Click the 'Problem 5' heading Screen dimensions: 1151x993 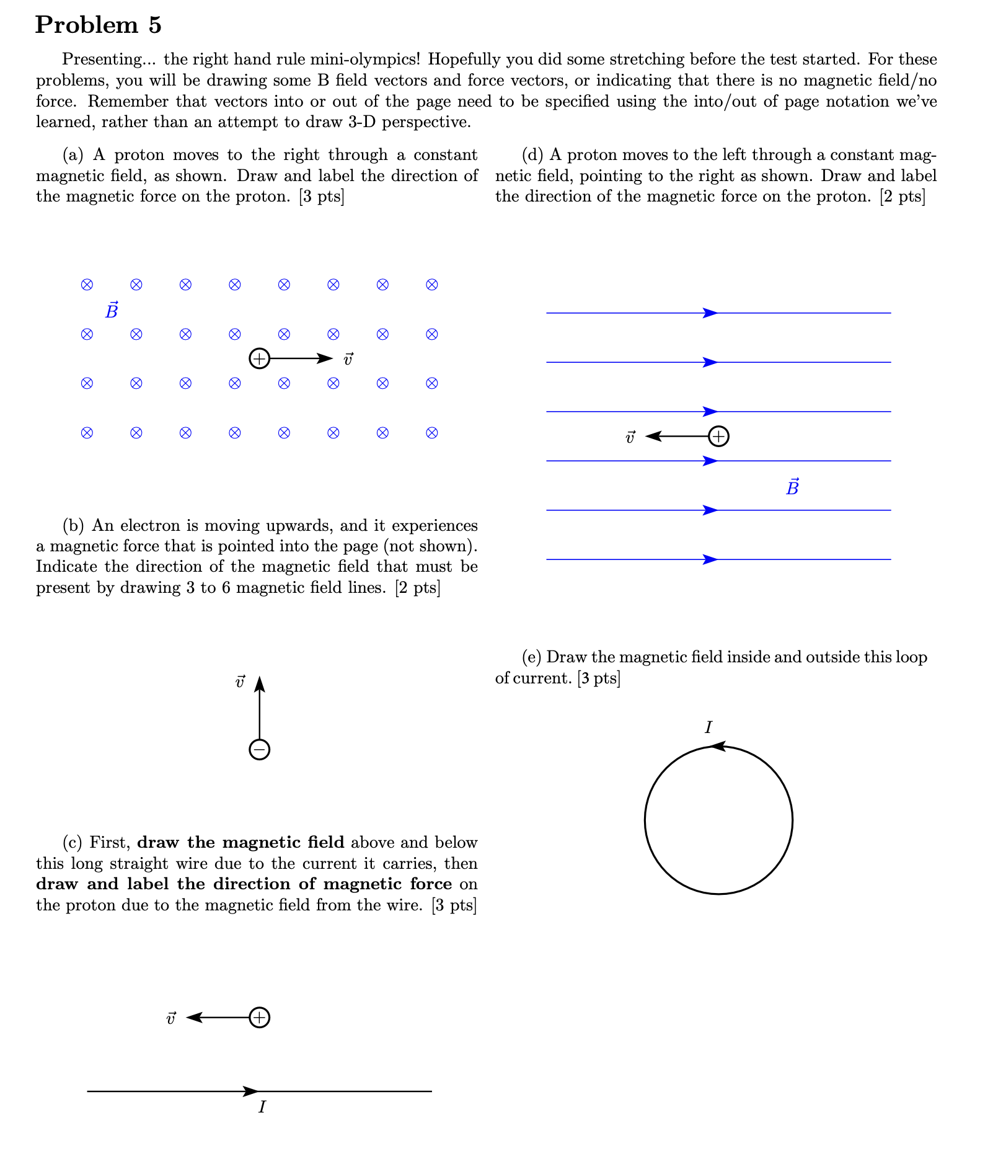tap(99, 25)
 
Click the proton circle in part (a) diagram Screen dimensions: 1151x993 tap(259, 358)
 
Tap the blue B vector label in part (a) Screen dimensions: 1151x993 tap(112, 310)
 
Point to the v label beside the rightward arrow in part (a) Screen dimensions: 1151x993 tap(348, 359)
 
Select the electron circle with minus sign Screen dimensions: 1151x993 tap(259, 750)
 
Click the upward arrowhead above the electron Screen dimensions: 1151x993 tap(260, 683)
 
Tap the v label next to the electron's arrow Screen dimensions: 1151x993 tap(240, 682)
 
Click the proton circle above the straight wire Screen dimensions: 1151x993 tap(259, 1018)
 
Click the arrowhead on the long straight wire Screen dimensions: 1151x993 tap(251, 1091)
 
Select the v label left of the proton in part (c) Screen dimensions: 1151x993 tap(171, 1018)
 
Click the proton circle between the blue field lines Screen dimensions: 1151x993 tap(718, 437)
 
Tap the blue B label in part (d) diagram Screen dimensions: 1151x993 tap(792, 487)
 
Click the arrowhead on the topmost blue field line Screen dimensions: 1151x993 tap(710, 313)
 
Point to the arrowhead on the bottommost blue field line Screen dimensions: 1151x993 tap(710, 559)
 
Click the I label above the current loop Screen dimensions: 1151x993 tap(708, 727)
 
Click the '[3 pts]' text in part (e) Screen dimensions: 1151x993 tap(599, 678)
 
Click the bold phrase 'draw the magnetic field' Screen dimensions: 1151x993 tap(241, 842)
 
